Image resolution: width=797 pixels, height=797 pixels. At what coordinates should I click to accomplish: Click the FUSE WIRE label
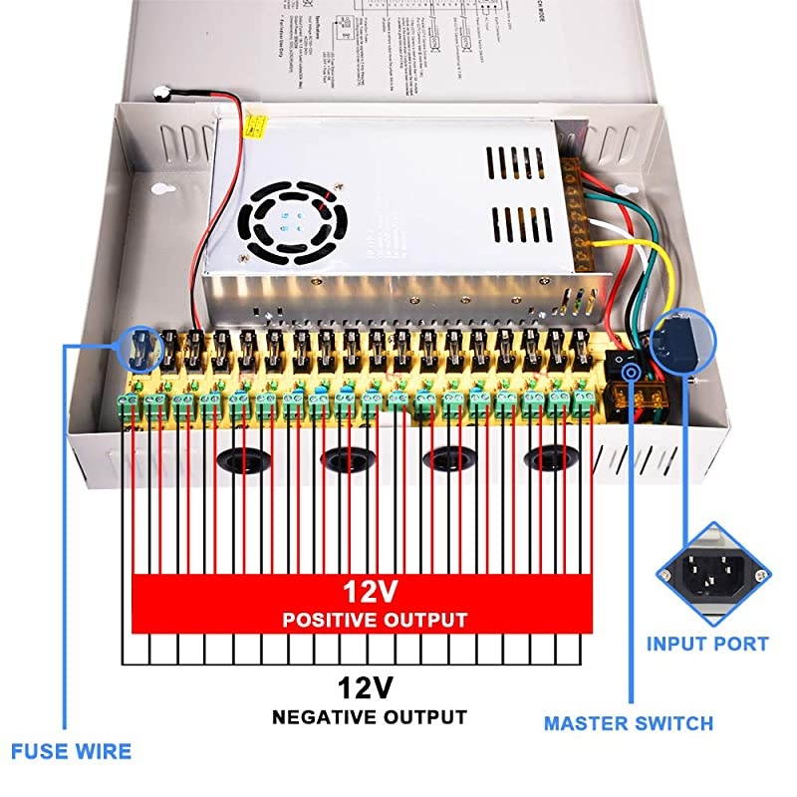(x=71, y=750)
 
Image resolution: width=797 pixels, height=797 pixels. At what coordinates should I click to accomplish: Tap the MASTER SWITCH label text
(x=628, y=723)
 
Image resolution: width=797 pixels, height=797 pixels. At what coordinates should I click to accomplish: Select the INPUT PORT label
(x=707, y=644)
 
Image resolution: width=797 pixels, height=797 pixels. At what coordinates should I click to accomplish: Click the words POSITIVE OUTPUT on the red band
(x=375, y=620)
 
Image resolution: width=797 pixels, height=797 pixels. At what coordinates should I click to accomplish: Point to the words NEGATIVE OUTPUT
(x=370, y=716)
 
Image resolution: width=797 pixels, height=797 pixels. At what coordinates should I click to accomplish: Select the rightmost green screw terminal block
(x=587, y=399)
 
